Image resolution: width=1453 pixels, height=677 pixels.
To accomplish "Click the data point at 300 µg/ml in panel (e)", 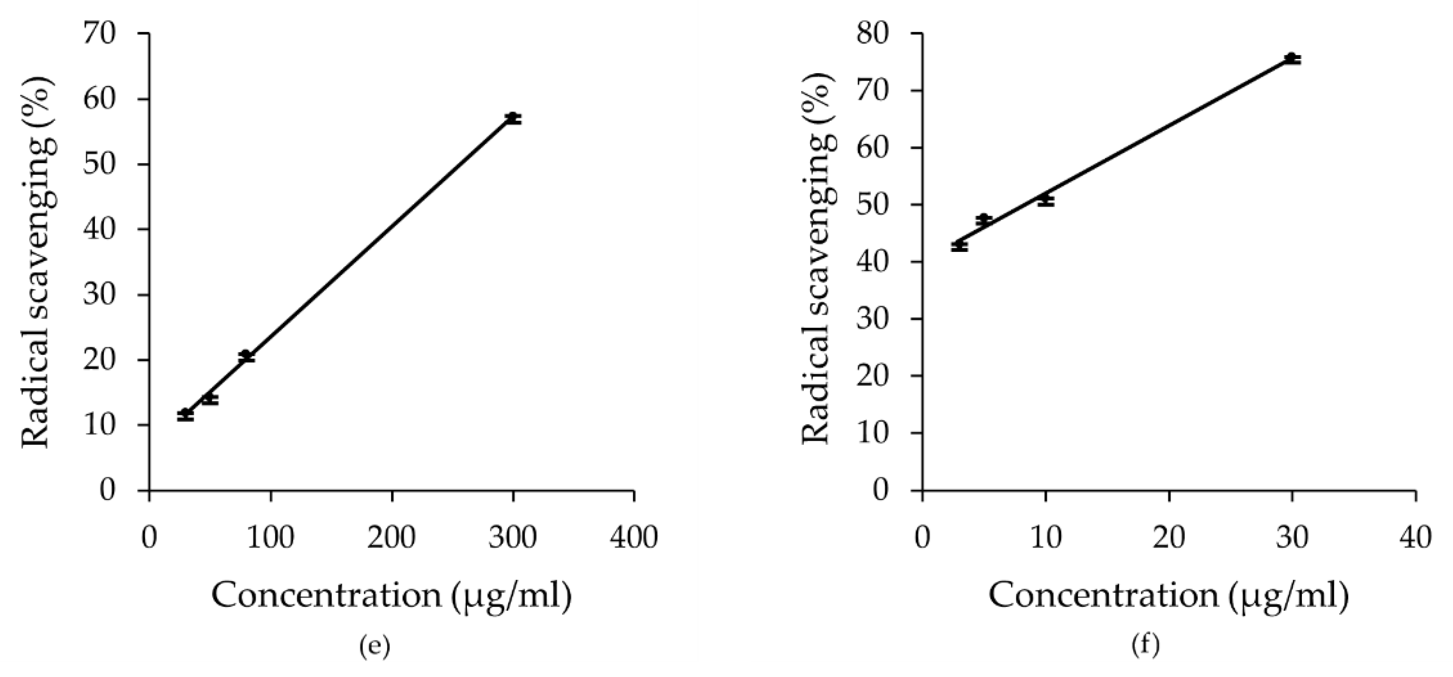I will pyautogui.click(x=513, y=118).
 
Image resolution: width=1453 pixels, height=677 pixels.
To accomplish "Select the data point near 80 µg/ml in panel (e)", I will pyautogui.click(x=246, y=356).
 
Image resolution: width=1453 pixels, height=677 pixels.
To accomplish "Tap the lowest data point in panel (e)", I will pyautogui.click(x=186, y=415).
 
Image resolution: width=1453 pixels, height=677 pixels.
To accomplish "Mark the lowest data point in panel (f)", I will pyautogui.click(x=960, y=246).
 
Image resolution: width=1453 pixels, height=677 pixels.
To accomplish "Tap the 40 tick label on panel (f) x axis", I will pyautogui.click(x=1415, y=538).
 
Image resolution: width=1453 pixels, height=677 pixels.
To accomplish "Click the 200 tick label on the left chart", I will pyautogui.click(x=391, y=538).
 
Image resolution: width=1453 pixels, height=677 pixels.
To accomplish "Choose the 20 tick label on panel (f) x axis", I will pyautogui.click(x=1169, y=538).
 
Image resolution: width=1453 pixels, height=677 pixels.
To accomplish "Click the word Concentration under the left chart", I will pyautogui.click(x=326, y=596).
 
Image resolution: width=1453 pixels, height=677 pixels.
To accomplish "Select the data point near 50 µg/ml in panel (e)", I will pyautogui.click(x=210, y=399).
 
